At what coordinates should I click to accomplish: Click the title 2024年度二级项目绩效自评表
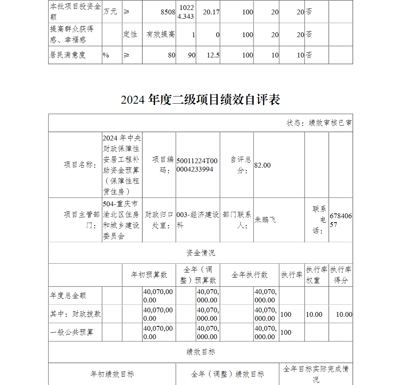point(201,99)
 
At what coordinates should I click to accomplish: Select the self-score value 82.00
point(262,165)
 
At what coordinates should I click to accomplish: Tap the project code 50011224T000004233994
point(197,165)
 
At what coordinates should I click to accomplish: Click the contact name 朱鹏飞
point(265,220)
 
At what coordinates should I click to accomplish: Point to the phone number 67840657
point(340,220)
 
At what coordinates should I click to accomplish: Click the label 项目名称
point(80,165)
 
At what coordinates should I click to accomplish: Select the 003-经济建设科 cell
point(197,220)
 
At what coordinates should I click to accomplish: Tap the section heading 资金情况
point(201,253)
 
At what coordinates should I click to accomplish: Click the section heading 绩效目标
point(201,352)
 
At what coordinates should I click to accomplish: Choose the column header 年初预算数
point(149,275)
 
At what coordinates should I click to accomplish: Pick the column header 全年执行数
point(250,275)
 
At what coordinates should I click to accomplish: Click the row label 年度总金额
point(68,296)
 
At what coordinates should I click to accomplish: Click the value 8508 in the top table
point(168,12)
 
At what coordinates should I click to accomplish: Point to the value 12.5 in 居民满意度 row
point(213,55)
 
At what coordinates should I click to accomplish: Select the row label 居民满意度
point(68,55)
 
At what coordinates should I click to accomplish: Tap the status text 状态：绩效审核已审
point(319,123)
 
